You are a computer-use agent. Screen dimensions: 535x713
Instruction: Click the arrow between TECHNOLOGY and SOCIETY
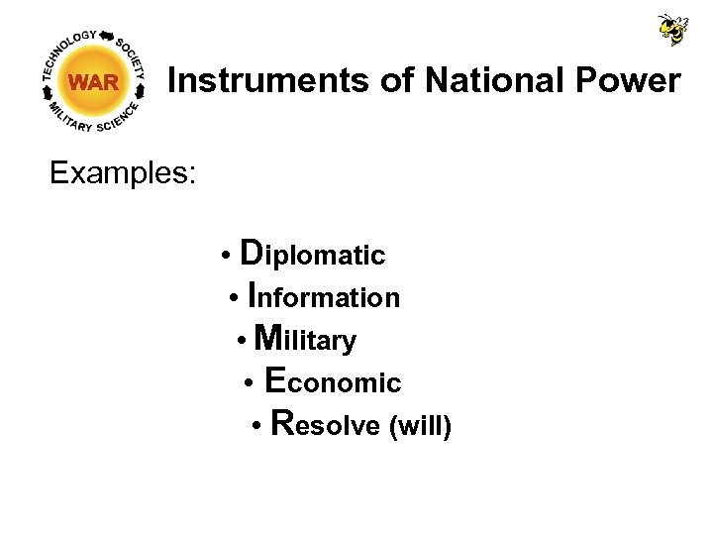click(106, 35)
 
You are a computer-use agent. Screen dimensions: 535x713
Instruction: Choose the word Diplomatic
click(313, 254)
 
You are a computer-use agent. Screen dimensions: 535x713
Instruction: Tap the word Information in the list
click(324, 296)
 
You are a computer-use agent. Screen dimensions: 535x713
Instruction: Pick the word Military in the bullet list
click(305, 339)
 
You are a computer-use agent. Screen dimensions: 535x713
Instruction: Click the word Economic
click(334, 381)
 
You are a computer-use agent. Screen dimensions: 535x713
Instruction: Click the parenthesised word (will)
click(421, 426)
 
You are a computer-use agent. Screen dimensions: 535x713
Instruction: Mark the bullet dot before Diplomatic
click(227, 257)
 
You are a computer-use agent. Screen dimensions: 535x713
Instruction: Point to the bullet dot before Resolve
click(256, 427)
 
